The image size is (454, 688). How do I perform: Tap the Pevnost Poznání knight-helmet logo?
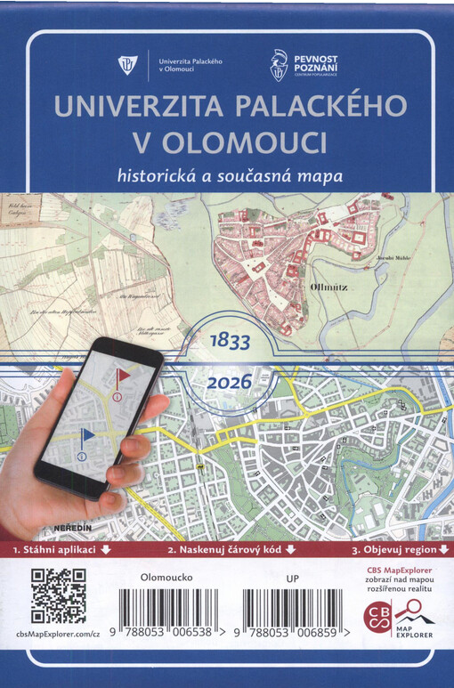(279, 66)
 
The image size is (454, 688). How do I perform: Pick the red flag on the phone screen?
(122, 377)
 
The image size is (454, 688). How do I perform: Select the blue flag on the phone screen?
(87, 437)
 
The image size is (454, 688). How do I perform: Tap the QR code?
(60, 595)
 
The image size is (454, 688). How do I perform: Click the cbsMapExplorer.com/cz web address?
(59, 633)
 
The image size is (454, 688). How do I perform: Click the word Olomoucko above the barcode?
(166, 577)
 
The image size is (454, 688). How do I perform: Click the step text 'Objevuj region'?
(394, 550)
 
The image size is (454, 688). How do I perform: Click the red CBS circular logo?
(378, 617)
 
